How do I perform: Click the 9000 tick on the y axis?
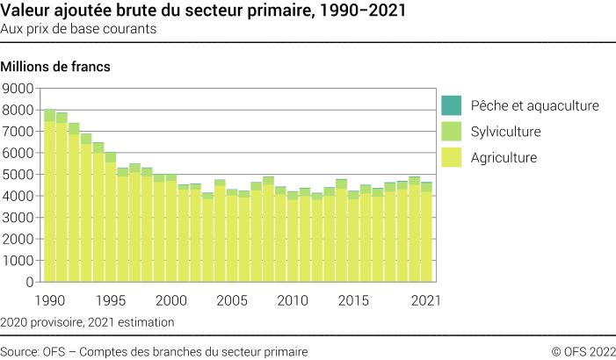click(x=18, y=89)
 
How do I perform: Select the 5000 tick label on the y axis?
click(x=18, y=175)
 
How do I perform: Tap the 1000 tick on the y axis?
click(x=18, y=261)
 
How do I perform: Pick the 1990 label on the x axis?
click(x=50, y=300)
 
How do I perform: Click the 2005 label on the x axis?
click(x=232, y=300)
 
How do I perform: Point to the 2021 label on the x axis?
click(x=425, y=300)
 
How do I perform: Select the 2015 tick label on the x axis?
click(x=353, y=300)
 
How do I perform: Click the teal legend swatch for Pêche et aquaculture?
click(x=450, y=105)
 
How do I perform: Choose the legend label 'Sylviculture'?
click(x=505, y=132)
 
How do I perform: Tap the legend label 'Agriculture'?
click(x=504, y=158)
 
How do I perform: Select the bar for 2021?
click(x=426, y=233)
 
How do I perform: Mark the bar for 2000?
click(x=171, y=228)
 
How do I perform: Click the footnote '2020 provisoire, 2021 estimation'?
click(x=88, y=322)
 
